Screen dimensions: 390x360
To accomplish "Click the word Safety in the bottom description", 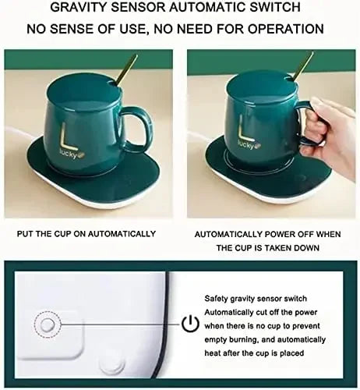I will click(x=217, y=298).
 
